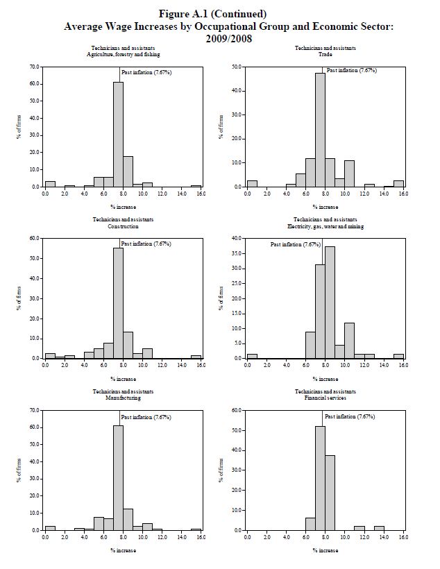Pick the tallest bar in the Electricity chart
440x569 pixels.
330,302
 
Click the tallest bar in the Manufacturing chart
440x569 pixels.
118,478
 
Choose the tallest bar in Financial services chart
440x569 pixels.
320,478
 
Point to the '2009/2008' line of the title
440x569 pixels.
228,38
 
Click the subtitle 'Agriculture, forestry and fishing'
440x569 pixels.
123,54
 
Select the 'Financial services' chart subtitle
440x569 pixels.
325,398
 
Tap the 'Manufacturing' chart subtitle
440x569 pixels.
123,398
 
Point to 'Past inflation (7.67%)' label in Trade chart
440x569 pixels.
351,70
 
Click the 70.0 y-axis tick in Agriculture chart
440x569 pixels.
34,67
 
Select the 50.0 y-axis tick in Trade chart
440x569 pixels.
237,67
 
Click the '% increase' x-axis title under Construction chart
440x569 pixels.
123,379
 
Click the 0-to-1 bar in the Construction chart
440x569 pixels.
50,355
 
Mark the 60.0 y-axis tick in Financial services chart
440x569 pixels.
237,411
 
